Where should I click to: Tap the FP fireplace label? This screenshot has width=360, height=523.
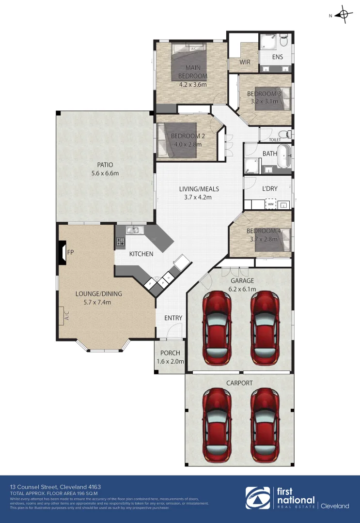(71, 252)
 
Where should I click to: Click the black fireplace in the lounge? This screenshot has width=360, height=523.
(62, 252)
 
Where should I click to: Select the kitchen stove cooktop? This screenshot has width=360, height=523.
(120, 241)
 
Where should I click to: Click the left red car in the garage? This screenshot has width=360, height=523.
(216, 323)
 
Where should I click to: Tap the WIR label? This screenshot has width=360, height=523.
(245, 62)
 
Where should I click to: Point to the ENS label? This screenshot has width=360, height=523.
(277, 57)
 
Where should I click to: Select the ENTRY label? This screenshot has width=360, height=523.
(173, 318)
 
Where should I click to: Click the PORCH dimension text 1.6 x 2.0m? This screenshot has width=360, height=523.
(171, 362)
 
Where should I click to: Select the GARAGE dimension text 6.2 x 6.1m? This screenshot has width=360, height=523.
(242, 289)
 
